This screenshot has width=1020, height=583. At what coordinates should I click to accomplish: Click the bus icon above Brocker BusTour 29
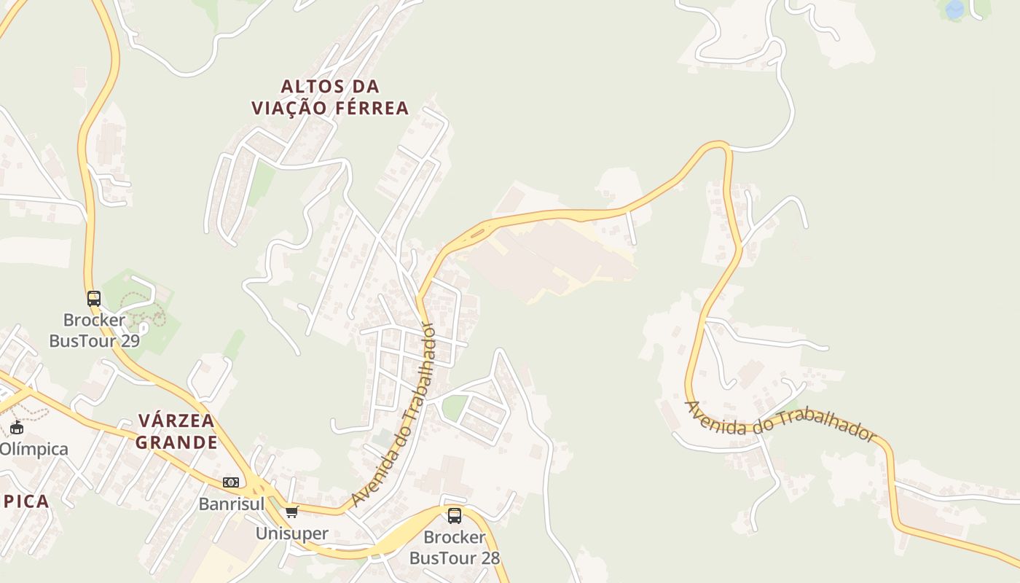[94, 298]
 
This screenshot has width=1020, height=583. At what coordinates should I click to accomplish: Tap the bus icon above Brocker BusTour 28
[455, 516]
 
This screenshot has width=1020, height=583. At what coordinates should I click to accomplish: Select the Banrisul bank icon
[231, 482]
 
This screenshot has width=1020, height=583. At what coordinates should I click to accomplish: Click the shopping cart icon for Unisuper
[292, 512]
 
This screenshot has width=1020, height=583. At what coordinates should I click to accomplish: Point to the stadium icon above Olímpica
[17, 427]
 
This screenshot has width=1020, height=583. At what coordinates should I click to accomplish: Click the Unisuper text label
[291, 533]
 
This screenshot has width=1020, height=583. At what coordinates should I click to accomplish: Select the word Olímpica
[34, 449]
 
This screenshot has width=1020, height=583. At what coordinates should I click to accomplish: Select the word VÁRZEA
[176, 420]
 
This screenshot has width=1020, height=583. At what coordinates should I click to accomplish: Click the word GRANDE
[176, 442]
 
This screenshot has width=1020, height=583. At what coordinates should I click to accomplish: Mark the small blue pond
[954, 9]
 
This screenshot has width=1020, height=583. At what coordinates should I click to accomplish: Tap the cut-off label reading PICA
[25, 501]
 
